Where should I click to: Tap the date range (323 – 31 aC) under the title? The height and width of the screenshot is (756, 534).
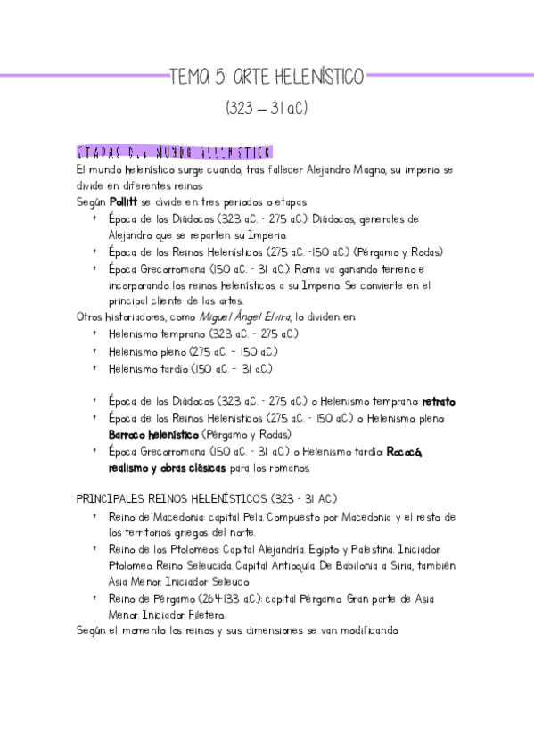pyautogui.click(x=267, y=108)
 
